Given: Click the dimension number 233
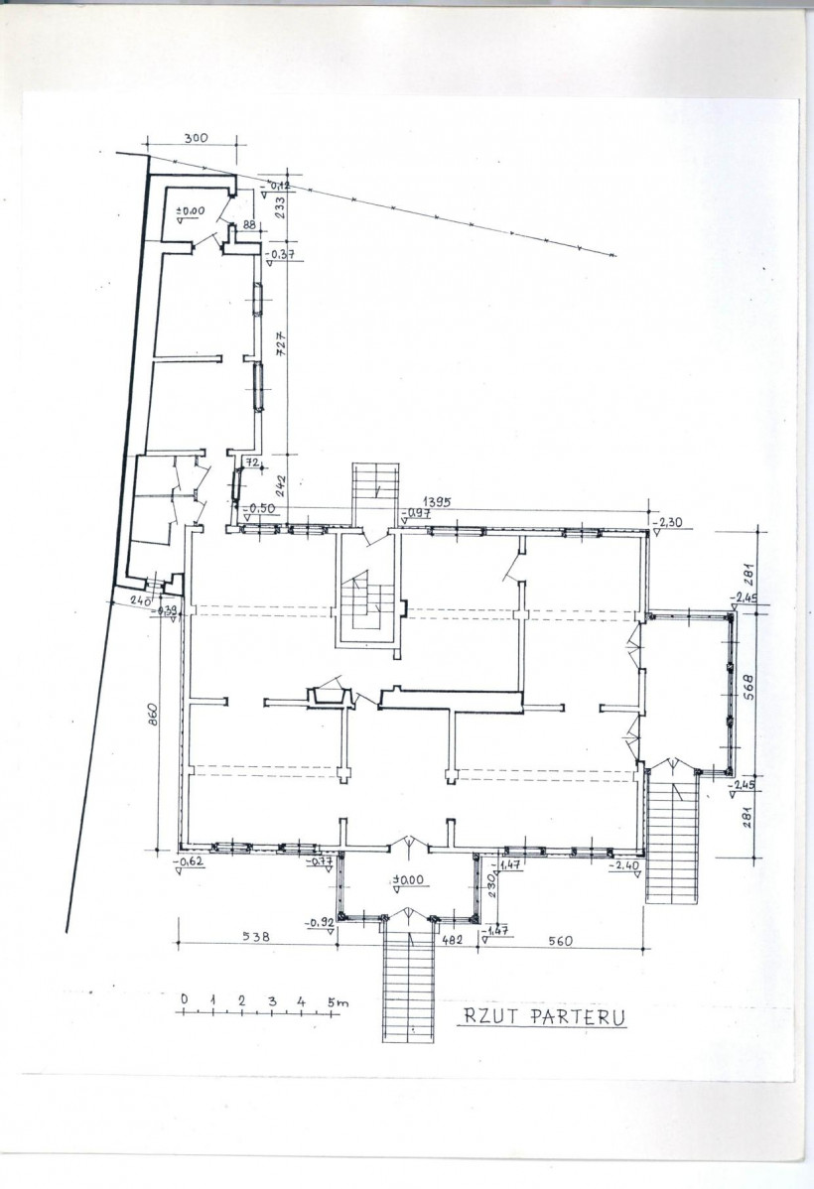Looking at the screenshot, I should pyautogui.click(x=280, y=206).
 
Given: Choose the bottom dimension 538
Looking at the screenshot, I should pyautogui.click(x=256, y=935).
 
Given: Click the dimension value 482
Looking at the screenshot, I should pyautogui.click(x=453, y=938).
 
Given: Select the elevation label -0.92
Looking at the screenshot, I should pyautogui.click(x=320, y=922).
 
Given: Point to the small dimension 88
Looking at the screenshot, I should pyautogui.click(x=248, y=225).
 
